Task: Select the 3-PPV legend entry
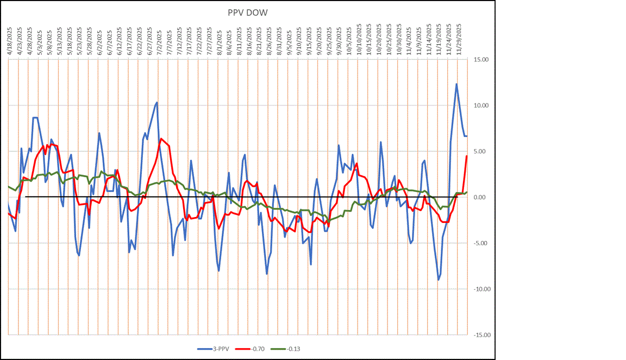pos(216,349)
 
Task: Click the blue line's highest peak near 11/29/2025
pos(456,84)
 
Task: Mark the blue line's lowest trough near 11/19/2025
pos(438,280)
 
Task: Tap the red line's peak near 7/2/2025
pos(160,139)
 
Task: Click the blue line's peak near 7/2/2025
pos(157,102)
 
